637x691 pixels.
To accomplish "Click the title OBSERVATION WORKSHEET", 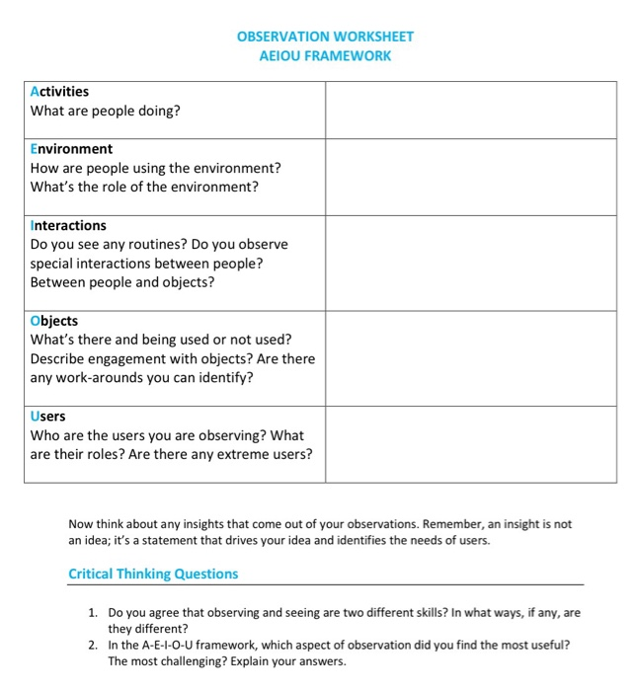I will [325, 37].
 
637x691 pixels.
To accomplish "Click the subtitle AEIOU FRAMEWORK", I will [325, 55].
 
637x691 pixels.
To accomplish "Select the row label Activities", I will [59, 92].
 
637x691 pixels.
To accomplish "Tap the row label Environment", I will [71, 149].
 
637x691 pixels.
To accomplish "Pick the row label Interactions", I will [68, 226].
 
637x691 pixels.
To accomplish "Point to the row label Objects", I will [54, 322].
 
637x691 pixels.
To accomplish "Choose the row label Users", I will [48, 417].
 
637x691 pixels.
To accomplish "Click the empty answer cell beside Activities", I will [470, 110].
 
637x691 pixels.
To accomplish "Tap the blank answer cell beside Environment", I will [470, 177].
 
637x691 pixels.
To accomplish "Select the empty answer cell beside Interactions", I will [470, 263].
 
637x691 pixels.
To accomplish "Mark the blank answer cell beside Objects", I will [470, 358].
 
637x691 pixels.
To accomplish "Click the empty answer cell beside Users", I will [470, 444].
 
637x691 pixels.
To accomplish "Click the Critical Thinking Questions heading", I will [153, 574].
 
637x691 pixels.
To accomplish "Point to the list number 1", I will [92, 613].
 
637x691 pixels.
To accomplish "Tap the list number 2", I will [92, 645].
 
